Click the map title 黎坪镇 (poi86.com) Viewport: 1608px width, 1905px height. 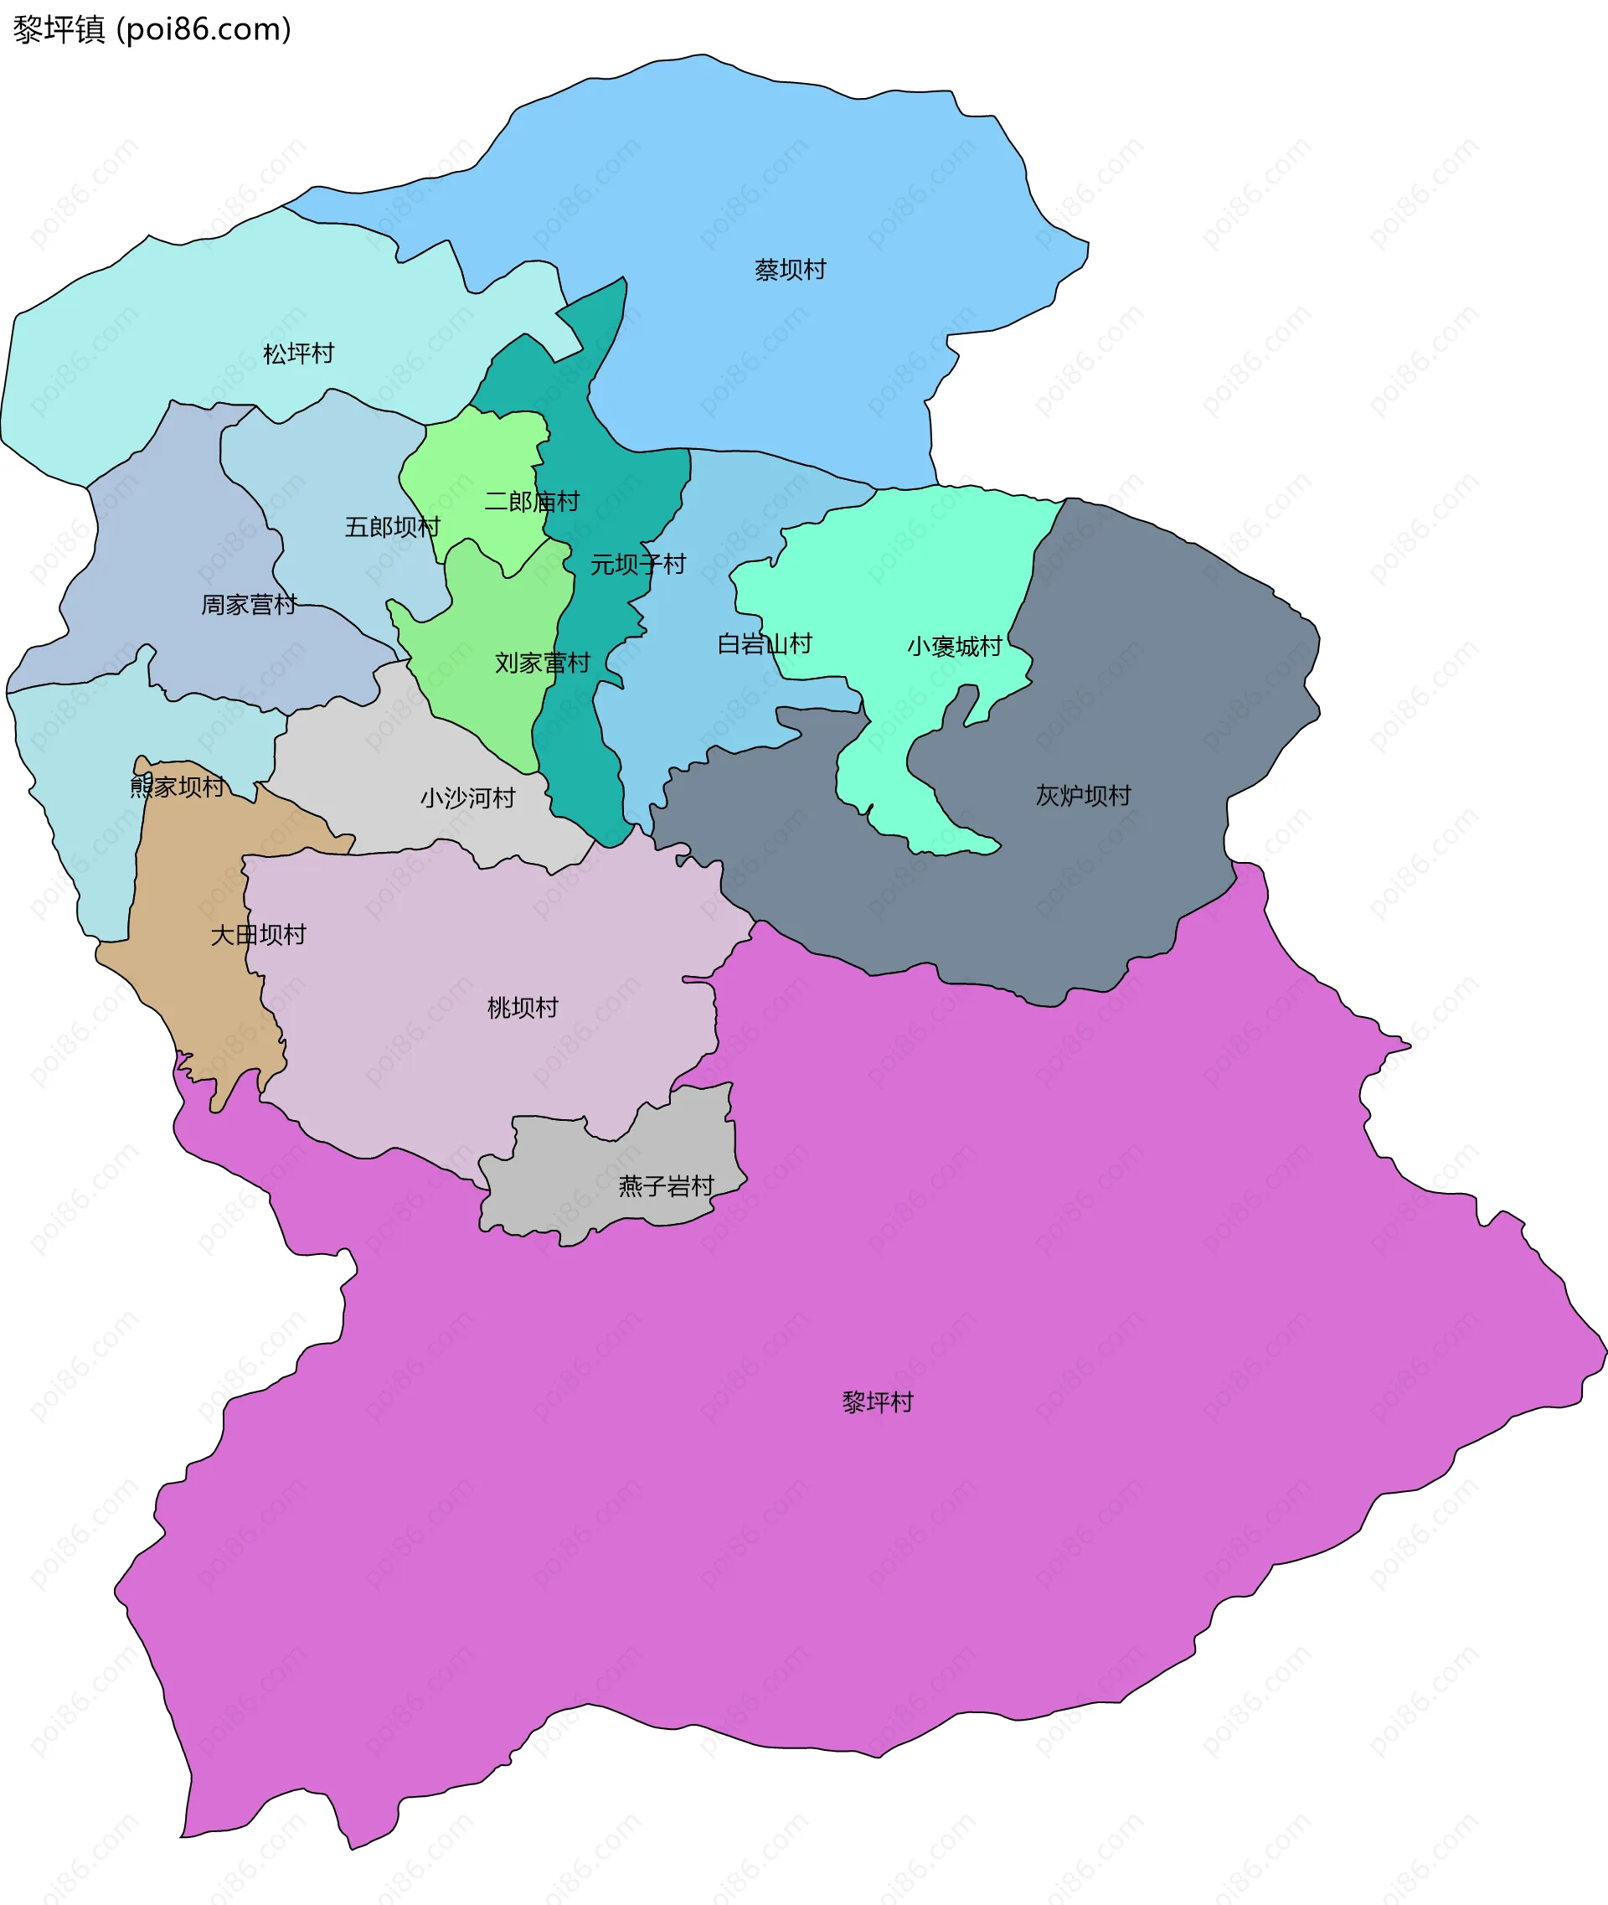click(152, 29)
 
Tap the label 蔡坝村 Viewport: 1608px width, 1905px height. click(791, 270)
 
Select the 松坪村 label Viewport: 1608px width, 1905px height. click(299, 353)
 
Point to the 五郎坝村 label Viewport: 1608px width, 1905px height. click(392, 527)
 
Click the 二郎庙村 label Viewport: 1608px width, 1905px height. click(532, 501)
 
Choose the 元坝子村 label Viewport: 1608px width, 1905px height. click(637, 565)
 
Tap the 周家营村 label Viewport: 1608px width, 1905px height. click(249, 605)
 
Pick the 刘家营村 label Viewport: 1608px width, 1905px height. click(543, 663)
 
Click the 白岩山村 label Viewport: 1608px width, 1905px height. click(764, 644)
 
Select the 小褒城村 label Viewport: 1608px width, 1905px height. click(955, 647)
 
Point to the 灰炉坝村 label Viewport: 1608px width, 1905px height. click(1083, 795)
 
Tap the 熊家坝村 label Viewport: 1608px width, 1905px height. click(177, 786)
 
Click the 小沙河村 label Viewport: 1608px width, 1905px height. click(467, 798)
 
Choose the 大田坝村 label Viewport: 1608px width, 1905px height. click(258, 935)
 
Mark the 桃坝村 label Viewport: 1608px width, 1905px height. click(523, 1008)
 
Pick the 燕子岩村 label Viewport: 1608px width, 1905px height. click(667, 1186)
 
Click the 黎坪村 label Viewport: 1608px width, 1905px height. click(878, 1402)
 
